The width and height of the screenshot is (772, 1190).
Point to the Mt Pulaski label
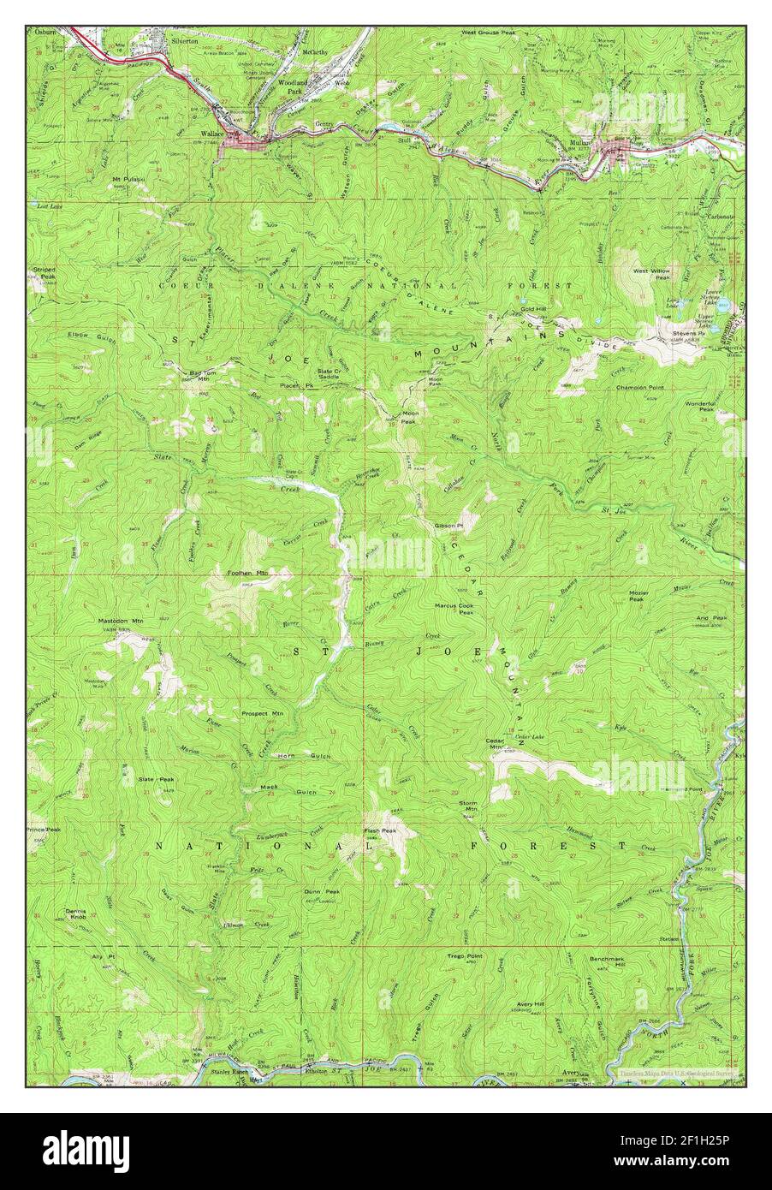click(128, 179)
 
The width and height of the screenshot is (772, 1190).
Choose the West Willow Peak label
click(650, 274)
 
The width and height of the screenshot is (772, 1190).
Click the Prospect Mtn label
click(262, 712)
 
